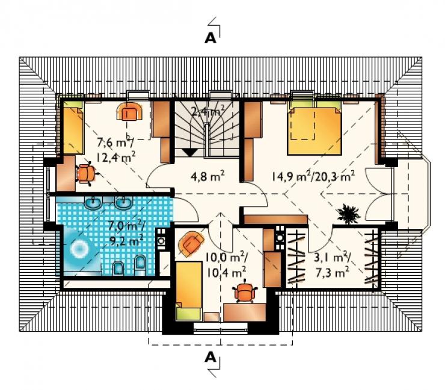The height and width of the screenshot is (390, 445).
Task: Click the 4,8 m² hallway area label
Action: tap(207, 177)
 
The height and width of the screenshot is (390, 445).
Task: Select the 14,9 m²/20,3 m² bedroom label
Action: tap(313, 177)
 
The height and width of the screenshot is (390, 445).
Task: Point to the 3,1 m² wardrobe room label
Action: tap(332, 258)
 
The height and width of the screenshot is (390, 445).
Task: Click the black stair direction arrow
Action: tap(189, 153)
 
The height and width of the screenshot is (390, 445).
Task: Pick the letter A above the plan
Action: tap(210, 38)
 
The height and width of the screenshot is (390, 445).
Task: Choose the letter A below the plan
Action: tap(210, 358)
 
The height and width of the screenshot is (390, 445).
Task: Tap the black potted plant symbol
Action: tap(348, 213)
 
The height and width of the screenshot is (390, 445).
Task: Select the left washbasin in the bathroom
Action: tap(93, 203)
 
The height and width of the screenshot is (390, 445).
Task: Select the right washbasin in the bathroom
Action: tap(124, 203)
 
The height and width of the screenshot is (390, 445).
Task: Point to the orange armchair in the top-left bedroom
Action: tap(129, 111)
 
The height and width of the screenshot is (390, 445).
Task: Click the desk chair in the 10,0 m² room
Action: tap(245, 291)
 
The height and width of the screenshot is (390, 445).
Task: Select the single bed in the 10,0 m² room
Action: tap(189, 291)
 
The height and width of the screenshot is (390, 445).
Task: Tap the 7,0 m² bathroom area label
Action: tap(127, 226)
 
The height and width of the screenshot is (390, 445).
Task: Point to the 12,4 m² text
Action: tap(115, 157)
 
